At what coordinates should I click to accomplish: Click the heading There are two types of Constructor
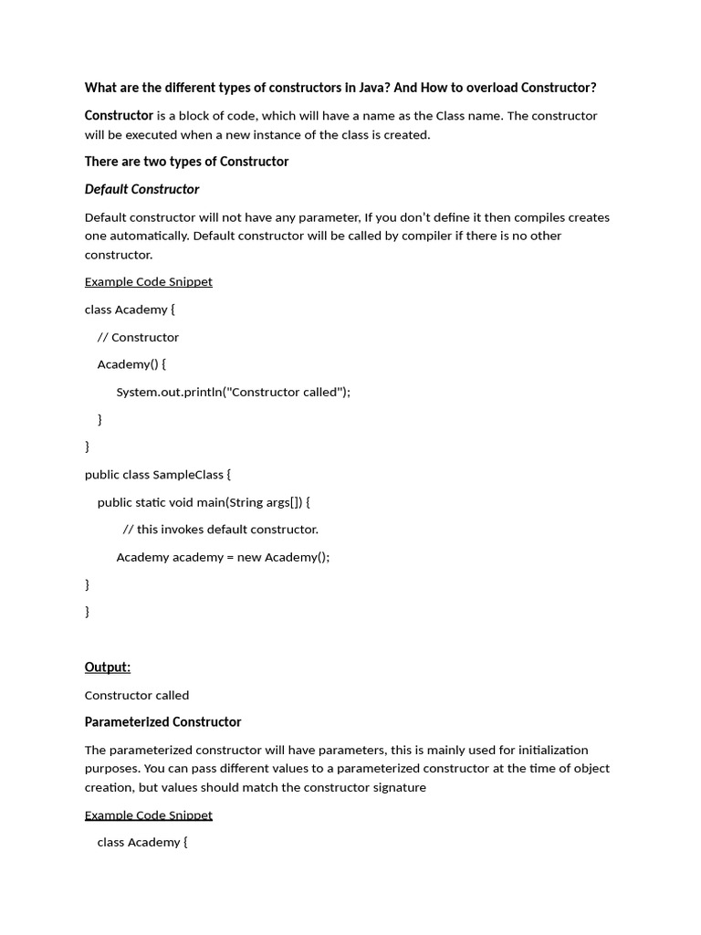186,162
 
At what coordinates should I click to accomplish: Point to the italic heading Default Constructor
141,189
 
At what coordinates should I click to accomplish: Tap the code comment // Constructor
138,337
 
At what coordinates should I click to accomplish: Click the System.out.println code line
233,392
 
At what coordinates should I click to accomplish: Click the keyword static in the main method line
153,501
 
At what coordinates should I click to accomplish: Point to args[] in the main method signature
284,501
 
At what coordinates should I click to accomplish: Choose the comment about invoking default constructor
220,529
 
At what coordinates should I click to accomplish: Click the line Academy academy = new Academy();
223,557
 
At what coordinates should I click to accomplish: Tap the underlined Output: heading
108,667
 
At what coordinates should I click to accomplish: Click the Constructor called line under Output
137,695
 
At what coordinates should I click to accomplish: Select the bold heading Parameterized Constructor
162,722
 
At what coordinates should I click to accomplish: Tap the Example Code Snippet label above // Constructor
148,281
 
